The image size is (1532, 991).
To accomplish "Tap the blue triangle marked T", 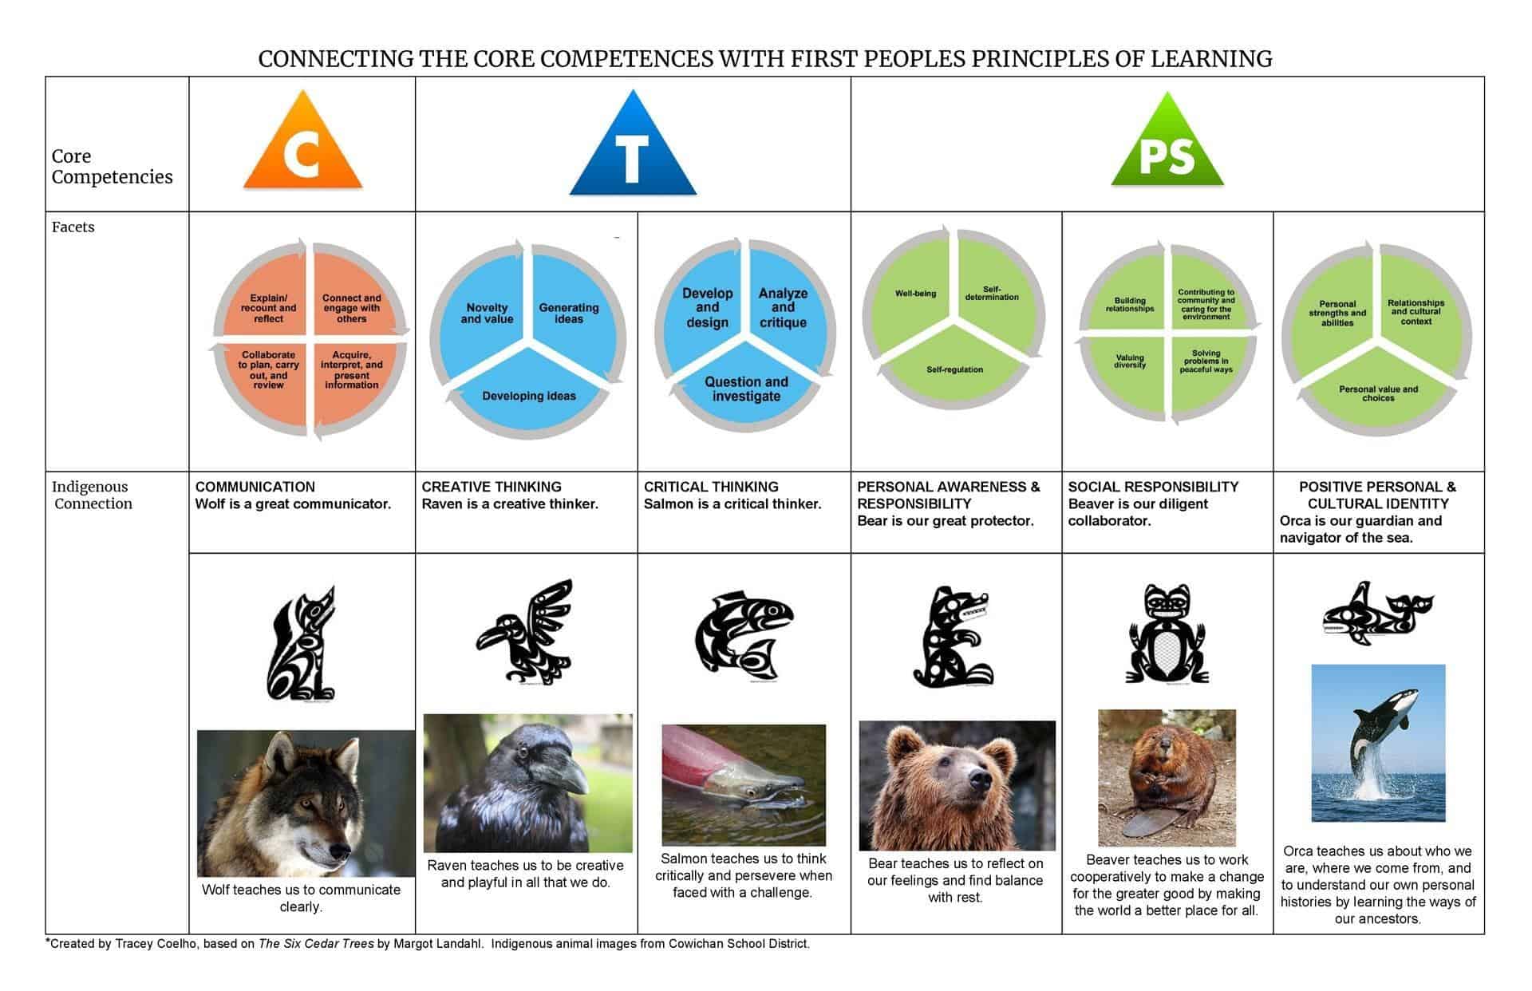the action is [x=632, y=145].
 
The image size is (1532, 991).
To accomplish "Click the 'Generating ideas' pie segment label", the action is [x=569, y=313].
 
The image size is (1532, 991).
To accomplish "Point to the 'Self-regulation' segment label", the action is [x=955, y=369].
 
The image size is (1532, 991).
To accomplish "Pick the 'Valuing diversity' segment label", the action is [x=1130, y=361].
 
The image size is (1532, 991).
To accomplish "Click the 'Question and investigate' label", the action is [x=746, y=389].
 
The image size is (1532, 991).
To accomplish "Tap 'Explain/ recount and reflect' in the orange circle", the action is [x=269, y=308].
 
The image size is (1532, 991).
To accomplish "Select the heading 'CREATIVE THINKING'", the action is [x=492, y=487].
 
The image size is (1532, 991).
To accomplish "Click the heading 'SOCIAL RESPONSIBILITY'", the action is [x=1154, y=487].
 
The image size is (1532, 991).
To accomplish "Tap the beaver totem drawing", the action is [x=1167, y=634].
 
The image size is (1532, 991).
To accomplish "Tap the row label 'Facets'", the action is [x=73, y=227].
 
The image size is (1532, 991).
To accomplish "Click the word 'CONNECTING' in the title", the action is [x=336, y=59].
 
